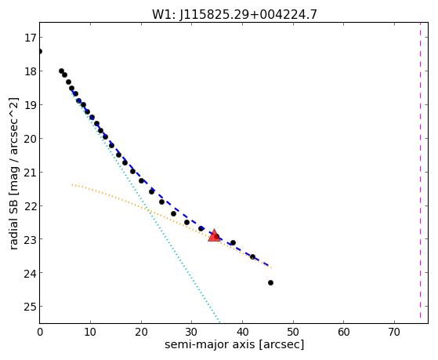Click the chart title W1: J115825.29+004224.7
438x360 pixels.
[x=234, y=14]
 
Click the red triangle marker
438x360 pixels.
[x=214, y=236]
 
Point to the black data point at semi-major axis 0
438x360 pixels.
[x=40, y=51]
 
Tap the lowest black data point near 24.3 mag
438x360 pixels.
[x=270, y=283]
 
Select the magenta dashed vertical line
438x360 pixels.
[x=420, y=170]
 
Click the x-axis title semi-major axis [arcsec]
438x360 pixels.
[x=234, y=344]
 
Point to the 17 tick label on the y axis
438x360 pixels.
[x=31, y=38]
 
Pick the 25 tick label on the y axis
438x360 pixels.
[x=31, y=307]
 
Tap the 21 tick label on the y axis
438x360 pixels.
[x=31, y=172]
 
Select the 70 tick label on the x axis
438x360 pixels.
[x=394, y=332]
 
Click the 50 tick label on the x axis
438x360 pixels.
[x=293, y=332]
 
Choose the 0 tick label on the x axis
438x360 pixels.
[x=40, y=332]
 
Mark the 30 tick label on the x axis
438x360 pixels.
[x=192, y=332]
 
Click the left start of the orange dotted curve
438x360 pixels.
[x=72, y=184]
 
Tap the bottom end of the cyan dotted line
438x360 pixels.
[x=219, y=322]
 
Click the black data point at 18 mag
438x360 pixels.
[x=61, y=71]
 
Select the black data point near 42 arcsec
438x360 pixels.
[x=252, y=256]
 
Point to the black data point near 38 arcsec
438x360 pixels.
[x=233, y=242]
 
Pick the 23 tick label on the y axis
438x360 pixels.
[x=31, y=239]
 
